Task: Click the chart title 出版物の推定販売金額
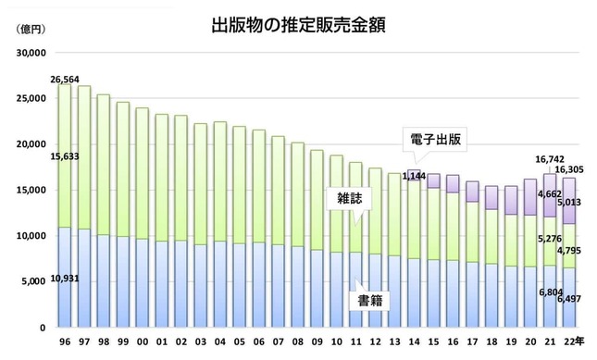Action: pyautogui.click(x=298, y=26)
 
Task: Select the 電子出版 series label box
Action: pyautogui.click(x=437, y=141)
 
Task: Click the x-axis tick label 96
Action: pyautogui.click(x=63, y=342)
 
